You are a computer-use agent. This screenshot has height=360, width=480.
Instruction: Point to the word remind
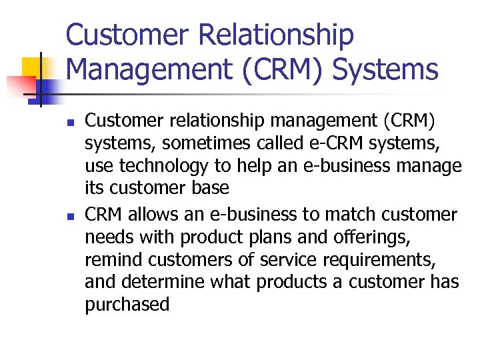[x=116, y=260]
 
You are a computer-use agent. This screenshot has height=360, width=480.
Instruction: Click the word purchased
[x=127, y=305]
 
